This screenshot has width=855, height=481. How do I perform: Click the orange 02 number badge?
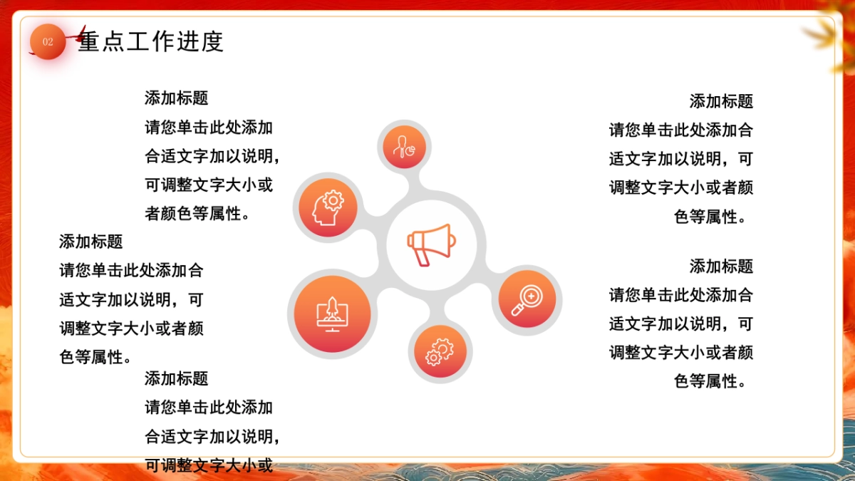point(48,41)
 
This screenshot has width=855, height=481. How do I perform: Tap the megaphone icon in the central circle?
point(430,244)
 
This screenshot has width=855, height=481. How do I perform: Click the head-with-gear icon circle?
point(328,207)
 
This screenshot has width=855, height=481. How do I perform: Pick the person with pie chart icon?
point(404,147)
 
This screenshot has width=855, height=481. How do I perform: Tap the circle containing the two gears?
point(440,352)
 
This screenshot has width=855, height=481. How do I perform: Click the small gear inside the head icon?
point(333,200)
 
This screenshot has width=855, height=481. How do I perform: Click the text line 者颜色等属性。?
point(198,213)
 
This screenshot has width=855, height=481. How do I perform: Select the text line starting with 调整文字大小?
point(131,328)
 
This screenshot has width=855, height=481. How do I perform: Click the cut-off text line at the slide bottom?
point(209,465)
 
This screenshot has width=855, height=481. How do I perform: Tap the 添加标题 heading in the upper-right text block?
point(721,101)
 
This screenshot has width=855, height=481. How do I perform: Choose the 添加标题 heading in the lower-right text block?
point(721,267)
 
